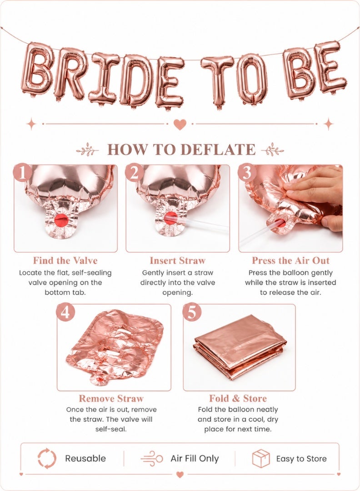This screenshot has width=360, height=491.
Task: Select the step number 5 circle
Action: [x=191, y=312]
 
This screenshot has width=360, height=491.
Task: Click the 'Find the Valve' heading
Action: [x=65, y=261]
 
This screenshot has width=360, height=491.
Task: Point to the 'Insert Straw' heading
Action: [x=177, y=261]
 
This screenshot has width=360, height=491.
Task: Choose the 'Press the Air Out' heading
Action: [x=290, y=261]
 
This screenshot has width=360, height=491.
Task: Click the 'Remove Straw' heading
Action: [x=111, y=398]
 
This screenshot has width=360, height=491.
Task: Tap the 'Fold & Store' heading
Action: [x=238, y=398]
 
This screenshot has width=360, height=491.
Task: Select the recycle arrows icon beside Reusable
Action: [x=47, y=458]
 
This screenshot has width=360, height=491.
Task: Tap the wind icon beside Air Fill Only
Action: [x=152, y=459]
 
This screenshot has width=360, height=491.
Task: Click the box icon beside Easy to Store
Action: [x=261, y=458]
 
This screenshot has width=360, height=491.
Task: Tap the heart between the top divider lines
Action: [x=180, y=125]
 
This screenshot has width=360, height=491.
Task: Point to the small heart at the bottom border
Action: [x=180, y=475]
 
